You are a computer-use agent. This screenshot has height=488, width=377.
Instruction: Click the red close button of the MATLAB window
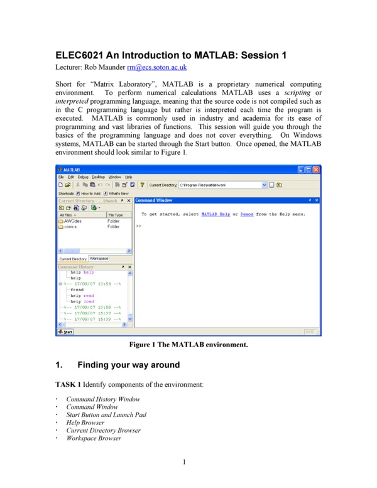[x=316, y=170]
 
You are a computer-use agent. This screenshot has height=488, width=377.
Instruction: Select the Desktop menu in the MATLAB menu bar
[x=99, y=177]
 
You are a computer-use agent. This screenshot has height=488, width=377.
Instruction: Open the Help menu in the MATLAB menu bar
[x=129, y=177]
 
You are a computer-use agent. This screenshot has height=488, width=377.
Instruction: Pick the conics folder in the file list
[x=71, y=227]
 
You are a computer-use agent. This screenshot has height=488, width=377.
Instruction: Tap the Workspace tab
[x=99, y=258]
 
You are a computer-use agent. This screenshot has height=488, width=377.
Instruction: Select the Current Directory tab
[x=73, y=258]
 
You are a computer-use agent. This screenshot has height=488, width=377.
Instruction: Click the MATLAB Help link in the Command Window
[x=215, y=214]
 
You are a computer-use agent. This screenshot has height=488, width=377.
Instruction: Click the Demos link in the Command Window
[x=247, y=214]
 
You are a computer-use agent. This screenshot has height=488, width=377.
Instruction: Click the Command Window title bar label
[x=155, y=201]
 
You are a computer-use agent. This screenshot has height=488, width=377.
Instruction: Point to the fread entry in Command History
[x=77, y=290]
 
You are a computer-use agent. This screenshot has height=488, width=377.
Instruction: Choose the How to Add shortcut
[x=87, y=193]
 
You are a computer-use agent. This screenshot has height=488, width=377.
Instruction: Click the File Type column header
[x=116, y=215]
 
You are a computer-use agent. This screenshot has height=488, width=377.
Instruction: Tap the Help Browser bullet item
[x=87, y=423]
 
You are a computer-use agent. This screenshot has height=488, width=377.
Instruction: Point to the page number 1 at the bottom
[x=185, y=463]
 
